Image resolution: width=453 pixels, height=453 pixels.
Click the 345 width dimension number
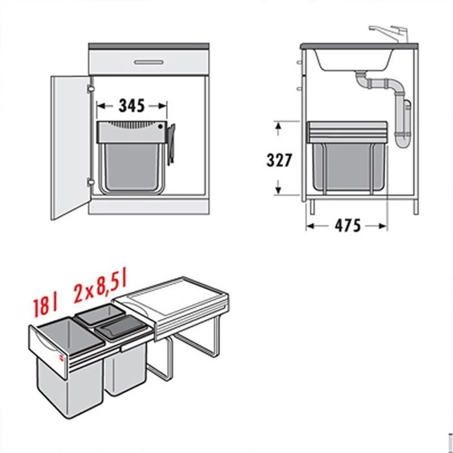pyautogui.click(x=131, y=106)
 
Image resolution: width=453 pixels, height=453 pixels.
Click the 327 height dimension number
pyautogui.click(x=279, y=160)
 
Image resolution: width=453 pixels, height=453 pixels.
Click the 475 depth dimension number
pyautogui.click(x=348, y=226)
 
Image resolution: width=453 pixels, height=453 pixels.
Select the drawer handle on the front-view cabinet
pyautogui.click(x=149, y=62)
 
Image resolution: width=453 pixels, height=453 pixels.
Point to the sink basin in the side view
pyautogui.click(x=353, y=60)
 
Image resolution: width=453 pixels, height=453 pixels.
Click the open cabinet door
pyautogui.click(x=71, y=147)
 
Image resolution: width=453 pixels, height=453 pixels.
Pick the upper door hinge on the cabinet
pyautogui.click(x=91, y=89)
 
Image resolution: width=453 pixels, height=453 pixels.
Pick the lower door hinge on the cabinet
pyautogui.click(x=91, y=182)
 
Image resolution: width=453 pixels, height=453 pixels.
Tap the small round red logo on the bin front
pyautogui.click(x=61, y=358)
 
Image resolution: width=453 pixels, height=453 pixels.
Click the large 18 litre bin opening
pyautogui.click(x=71, y=335)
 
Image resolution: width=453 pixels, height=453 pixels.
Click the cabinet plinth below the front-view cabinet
pyautogui.click(x=149, y=207)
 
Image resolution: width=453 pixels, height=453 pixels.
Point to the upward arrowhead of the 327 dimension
pyautogui.click(x=278, y=126)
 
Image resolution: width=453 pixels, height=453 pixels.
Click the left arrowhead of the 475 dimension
pyautogui.click(x=310, y=226)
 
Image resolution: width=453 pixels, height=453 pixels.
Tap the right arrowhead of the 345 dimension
pyautogui.click(x=163, y=106)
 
